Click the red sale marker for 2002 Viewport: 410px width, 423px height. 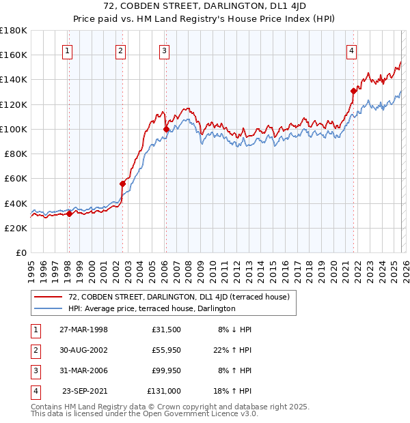(x=123, y=184)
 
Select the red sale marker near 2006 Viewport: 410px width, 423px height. (x=166, y=128)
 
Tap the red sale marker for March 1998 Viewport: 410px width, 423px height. (x=69, y=214)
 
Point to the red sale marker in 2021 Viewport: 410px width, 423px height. (x=353, y=90)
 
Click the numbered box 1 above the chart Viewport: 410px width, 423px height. (x=68, y=50)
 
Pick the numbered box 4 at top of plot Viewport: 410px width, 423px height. (x=351, y=50)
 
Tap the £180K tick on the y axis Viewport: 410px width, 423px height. (x=14, y=31)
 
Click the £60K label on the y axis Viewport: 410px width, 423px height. (x=16, y=179)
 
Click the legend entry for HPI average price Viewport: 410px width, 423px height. (x=152, y=308)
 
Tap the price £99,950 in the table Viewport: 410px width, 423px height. (x=167, y=370)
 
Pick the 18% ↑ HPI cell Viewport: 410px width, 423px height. (x=236, y=391)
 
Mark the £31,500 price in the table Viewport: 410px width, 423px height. (x=167, y=330)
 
